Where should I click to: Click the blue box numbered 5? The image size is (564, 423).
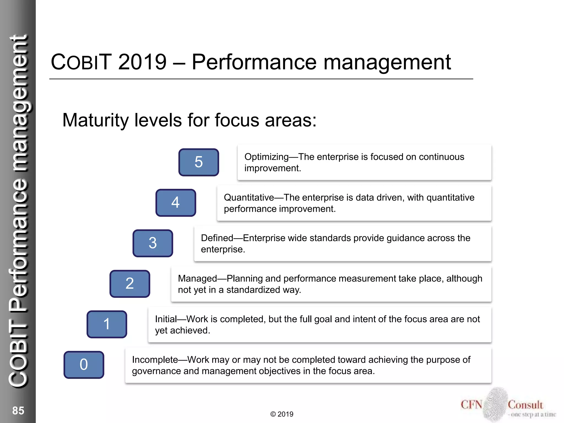[199, 162]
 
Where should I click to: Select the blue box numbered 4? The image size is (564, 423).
[176, 203]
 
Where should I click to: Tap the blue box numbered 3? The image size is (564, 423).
[153, 243]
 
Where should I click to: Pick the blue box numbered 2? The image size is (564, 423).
[130, 284]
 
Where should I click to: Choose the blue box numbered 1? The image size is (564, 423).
[107, 324]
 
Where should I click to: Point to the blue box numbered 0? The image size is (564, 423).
[84, 365]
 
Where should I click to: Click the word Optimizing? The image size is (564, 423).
[266, 157]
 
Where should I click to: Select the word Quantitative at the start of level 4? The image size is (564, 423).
[249, 197]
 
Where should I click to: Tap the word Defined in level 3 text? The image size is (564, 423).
[217, 238]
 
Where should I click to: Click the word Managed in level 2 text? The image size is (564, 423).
[197, 278]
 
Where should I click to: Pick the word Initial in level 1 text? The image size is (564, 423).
[166, 319]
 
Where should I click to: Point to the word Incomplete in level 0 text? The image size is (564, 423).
[155, 360]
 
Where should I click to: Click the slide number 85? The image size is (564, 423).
[18, 410]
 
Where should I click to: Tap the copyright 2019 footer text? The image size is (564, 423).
[282, 414]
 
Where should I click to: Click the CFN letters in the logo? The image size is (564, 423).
[471, 405]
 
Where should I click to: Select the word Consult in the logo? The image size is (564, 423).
[525, 405]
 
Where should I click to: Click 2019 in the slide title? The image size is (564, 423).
[142, 62]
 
